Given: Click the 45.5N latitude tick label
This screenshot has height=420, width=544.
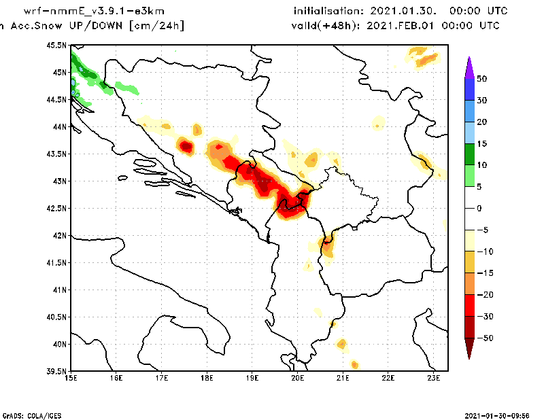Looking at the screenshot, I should (x=57, y=46).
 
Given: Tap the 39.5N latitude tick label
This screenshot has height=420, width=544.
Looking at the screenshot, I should (x=57, y=372).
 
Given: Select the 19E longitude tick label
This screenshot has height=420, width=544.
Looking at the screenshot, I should (x=252, y=378).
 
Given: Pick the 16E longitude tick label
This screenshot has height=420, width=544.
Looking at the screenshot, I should (x=116, y=378).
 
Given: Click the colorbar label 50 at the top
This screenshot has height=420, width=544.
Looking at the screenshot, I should (x=481, y=79).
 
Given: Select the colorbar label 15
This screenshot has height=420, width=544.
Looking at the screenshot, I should (x=481, y=143).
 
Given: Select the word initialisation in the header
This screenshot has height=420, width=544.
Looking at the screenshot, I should (x=329, y=12).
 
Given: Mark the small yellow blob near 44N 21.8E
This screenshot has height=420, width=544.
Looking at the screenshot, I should (x=378, y=122).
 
